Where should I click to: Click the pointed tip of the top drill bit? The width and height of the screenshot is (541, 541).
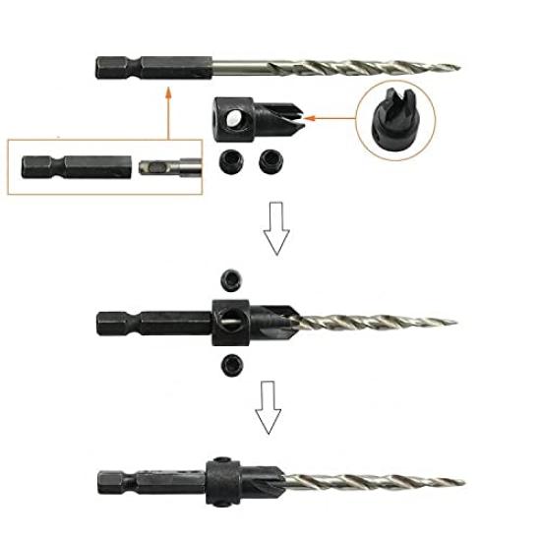click(458, 68)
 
